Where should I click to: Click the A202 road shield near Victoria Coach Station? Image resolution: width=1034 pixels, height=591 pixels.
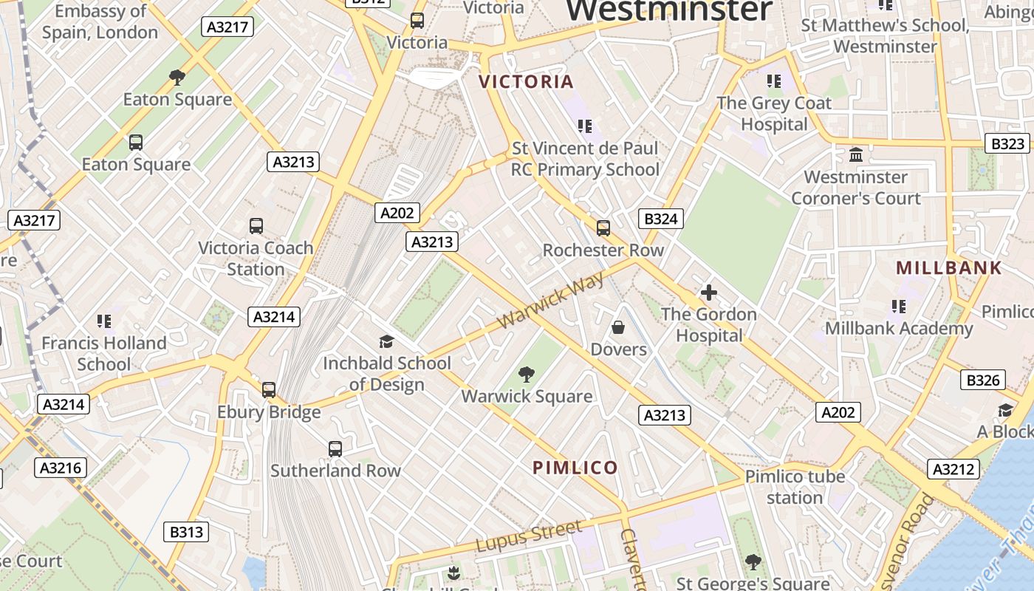click(397, 213)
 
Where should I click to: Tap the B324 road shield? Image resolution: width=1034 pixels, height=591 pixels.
click(660, 219)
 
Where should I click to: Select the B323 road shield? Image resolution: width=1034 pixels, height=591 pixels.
click(1007, 143)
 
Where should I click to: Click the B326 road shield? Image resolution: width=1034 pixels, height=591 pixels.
click(983, 380)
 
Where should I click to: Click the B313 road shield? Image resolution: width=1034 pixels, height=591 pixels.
click(185, 532)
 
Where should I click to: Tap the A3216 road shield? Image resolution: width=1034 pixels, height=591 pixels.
click(60, 468)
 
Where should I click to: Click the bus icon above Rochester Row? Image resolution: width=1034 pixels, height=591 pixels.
click(603, 228)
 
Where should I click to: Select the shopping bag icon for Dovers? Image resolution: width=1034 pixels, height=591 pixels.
click(618, 327)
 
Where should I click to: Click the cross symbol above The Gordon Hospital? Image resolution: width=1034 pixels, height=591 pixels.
click(708, 293)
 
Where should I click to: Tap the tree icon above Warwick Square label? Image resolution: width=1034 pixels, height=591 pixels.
click(527, 375)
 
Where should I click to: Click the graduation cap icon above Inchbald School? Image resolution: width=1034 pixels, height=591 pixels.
click(386, 341)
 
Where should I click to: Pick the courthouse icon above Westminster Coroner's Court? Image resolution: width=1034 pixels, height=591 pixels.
click(856, 155)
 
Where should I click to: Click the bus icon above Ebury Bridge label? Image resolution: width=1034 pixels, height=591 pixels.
click(269, 389)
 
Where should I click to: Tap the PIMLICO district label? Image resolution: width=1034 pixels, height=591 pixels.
click(575, 468)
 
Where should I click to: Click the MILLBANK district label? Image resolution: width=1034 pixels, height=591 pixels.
click(949, 268)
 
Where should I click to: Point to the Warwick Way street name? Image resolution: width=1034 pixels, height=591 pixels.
click(551, 301)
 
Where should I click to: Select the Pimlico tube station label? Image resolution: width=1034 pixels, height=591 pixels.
click(794, 487)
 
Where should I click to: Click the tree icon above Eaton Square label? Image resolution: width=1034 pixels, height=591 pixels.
click(177, 77)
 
